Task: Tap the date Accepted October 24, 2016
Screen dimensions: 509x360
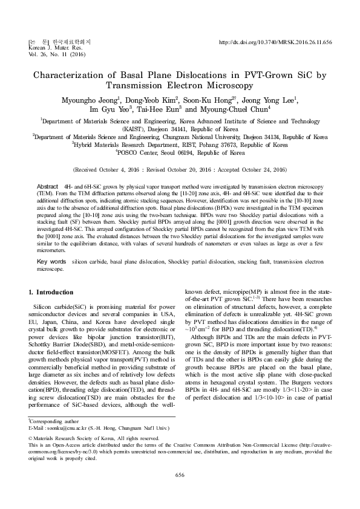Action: point(248,171)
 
